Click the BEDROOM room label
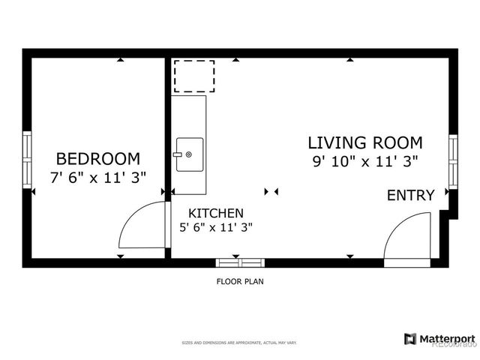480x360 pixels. click(x=97, y=158)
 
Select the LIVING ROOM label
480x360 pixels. click(x=364, y=142)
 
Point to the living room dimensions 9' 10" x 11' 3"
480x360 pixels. click(x=364, y=160)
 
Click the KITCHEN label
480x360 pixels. click(x=215, y=213)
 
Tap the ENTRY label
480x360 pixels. click(x=410, y=196)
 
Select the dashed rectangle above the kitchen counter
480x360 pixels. click(x=194, y=76)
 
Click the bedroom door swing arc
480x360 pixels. click(x=139, y=225)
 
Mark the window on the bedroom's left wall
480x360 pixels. click(x=27, y=159)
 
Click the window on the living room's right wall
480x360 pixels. click(x=452, y=160)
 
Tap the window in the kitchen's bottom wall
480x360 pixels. click(x=240, y=262)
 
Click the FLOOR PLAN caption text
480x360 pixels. click(x=240, y=282)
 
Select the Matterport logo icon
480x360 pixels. click(x=409, y=339)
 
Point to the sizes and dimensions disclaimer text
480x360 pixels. click(x=240, y=343)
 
